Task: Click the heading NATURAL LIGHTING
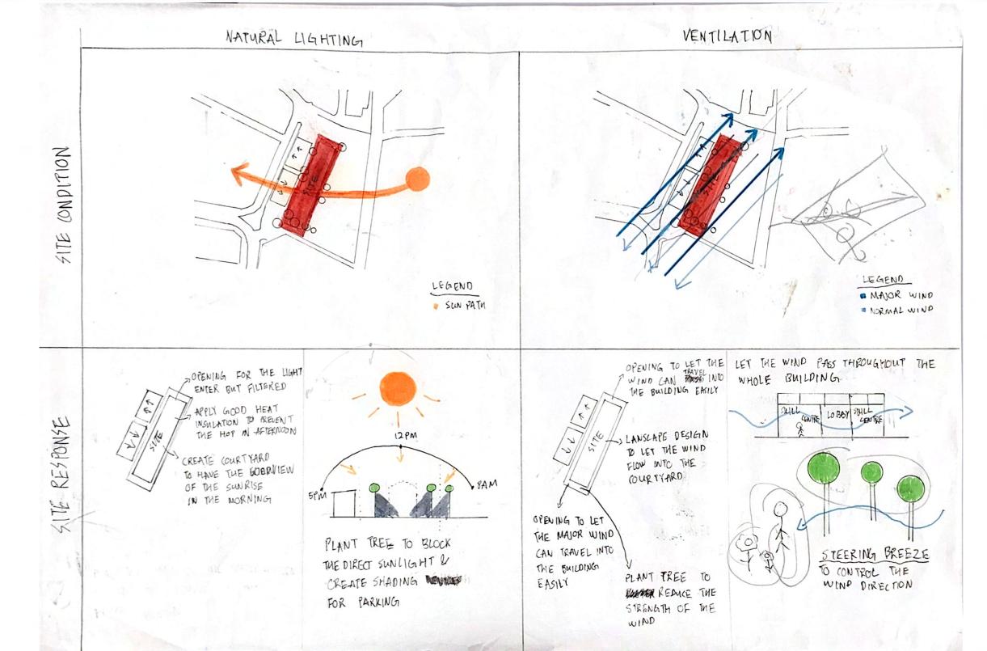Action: (x=293, y=38)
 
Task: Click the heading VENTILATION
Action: (x=727, y=36)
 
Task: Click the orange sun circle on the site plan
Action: (x=417, y=180)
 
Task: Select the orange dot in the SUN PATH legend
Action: (x=437, y=306)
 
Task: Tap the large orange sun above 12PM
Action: (x=397, y=388)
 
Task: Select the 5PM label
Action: (x=316, y=496)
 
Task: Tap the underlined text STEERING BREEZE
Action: (x=875, y=556)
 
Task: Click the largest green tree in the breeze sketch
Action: (x=823, y=468)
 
